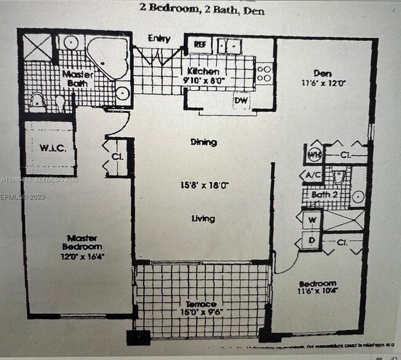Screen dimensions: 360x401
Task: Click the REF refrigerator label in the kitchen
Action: (200, 44)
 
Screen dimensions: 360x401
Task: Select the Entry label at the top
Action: (159, 39)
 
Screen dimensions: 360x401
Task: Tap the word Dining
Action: (204, 142)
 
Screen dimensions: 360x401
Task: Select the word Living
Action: (203, 219)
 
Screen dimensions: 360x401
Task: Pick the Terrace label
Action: (201, 304)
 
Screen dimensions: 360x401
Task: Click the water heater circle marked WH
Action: (315, 153)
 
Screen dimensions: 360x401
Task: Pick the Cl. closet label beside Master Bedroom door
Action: (117, 156)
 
